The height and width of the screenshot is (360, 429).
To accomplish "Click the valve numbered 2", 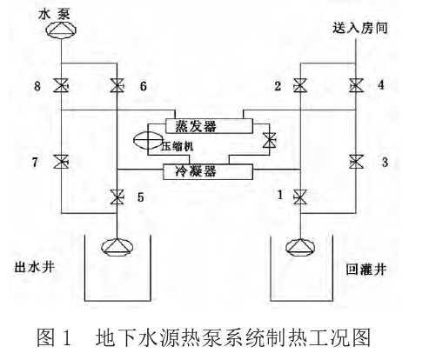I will pos(299,85).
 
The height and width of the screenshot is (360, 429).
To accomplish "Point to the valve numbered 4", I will pos(356,85).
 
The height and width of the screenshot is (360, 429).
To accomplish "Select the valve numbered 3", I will pos(356,161).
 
